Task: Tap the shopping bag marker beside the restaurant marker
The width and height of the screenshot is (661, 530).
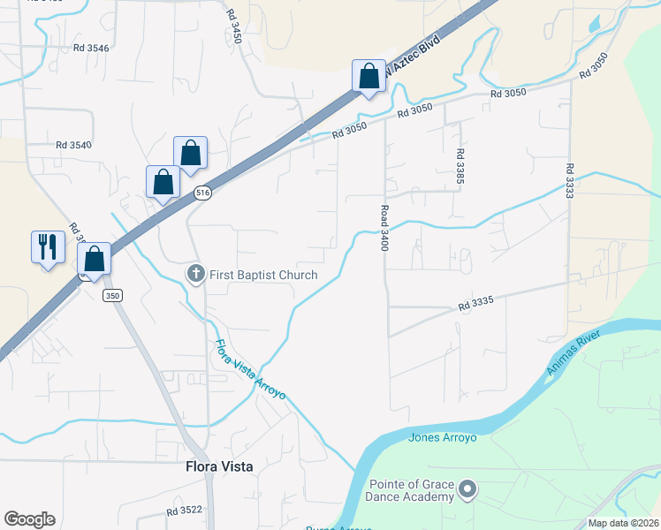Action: tap(94, 259)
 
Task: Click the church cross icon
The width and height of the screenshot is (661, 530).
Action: tap(196, 275)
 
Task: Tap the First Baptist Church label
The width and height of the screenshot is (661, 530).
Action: tap(262, 275)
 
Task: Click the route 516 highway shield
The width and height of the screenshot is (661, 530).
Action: tap(203, 192)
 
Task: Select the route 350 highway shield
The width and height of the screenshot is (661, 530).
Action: tap(111, 295)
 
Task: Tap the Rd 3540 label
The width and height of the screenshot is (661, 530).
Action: tap(73, 145)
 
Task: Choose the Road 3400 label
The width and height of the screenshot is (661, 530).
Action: tap(384, 229)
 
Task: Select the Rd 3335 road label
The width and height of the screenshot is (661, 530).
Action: tap(475, 304)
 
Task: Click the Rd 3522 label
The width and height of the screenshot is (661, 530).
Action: tap(184, 511)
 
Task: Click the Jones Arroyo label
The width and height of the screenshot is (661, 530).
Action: tap(443, 437)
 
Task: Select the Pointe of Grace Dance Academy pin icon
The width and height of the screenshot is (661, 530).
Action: tap(468, 488)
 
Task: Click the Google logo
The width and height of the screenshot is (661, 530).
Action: tap(29, 519)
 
